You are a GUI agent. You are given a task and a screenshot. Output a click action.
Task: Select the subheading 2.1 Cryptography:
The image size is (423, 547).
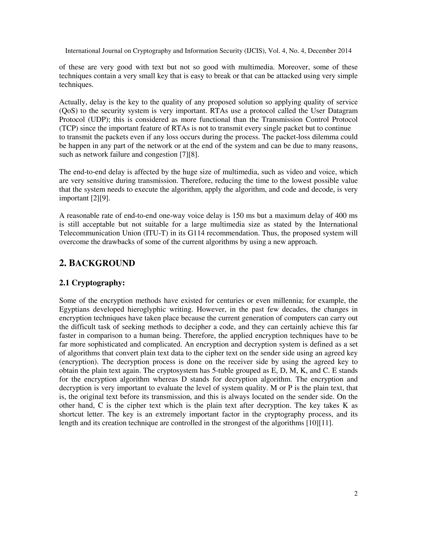coord(92,283)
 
